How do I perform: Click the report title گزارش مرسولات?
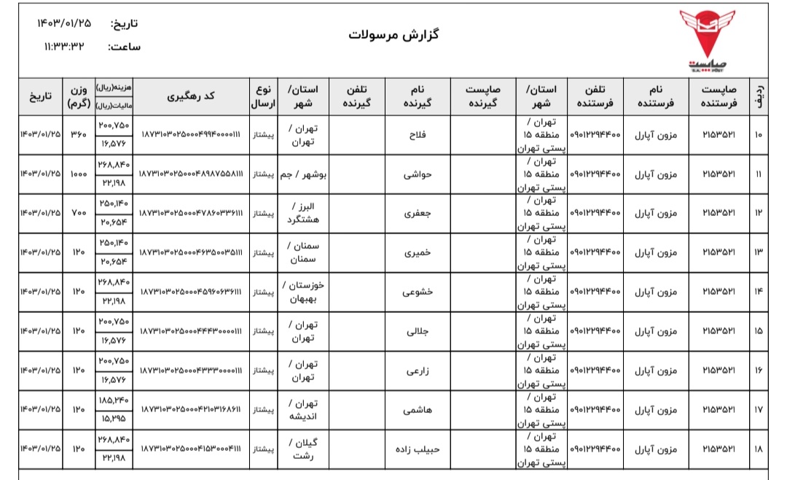(394, 34)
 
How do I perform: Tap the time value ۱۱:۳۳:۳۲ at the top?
(64, 46)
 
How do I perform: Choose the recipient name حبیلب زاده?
(415, 449)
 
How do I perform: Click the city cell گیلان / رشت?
(301, 449)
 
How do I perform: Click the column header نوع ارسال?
(263, 96)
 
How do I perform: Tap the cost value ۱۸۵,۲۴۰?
(113, 400)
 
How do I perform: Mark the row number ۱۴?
(759, 293)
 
